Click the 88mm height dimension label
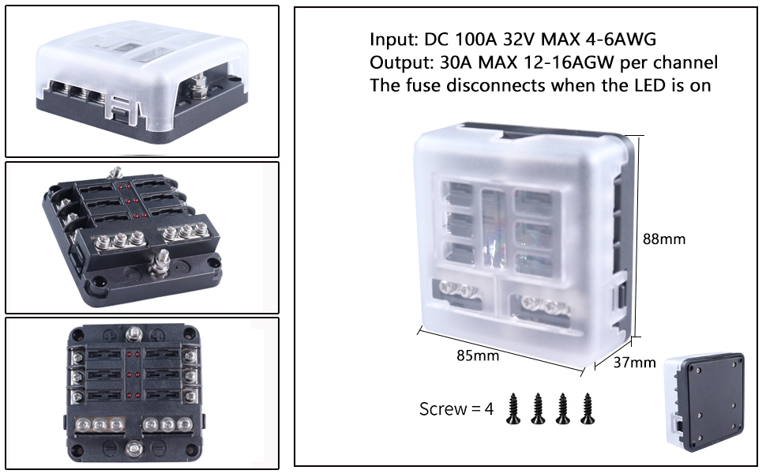pyautogui.click(x=663, y=239)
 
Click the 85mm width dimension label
pyautogui.click(x=478, y=356)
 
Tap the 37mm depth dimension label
pyautogui.click(x=635, y=363)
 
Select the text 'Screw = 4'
pyautogui.click(x=456, y=409)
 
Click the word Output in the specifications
pyautogui.click(x=396, y=62)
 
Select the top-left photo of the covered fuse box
pyautogui.click(x=142, y=81)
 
